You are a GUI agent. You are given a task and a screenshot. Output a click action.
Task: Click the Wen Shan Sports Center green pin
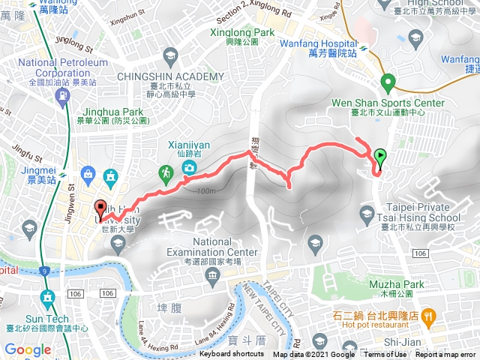pyautogui.click(x=388, y=82)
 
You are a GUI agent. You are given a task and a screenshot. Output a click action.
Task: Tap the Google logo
pyautogui.click(x=28, y=349)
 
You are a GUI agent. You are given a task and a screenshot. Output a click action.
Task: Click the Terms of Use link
pyautogui.click(x=385, y=355)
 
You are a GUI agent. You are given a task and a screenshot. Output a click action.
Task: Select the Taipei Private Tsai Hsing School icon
pyautogui.click(x=367, y=215)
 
